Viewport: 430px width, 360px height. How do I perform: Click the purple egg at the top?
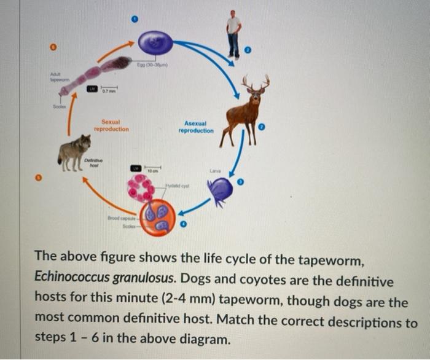tap(155, 43)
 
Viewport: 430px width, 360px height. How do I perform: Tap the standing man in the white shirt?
tap(233, 34)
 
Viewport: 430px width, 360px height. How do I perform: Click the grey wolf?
tap(74, 150)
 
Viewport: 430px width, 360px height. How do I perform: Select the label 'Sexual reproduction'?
tap(111, 125)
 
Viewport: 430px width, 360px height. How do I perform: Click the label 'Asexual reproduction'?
tap(196, 127)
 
